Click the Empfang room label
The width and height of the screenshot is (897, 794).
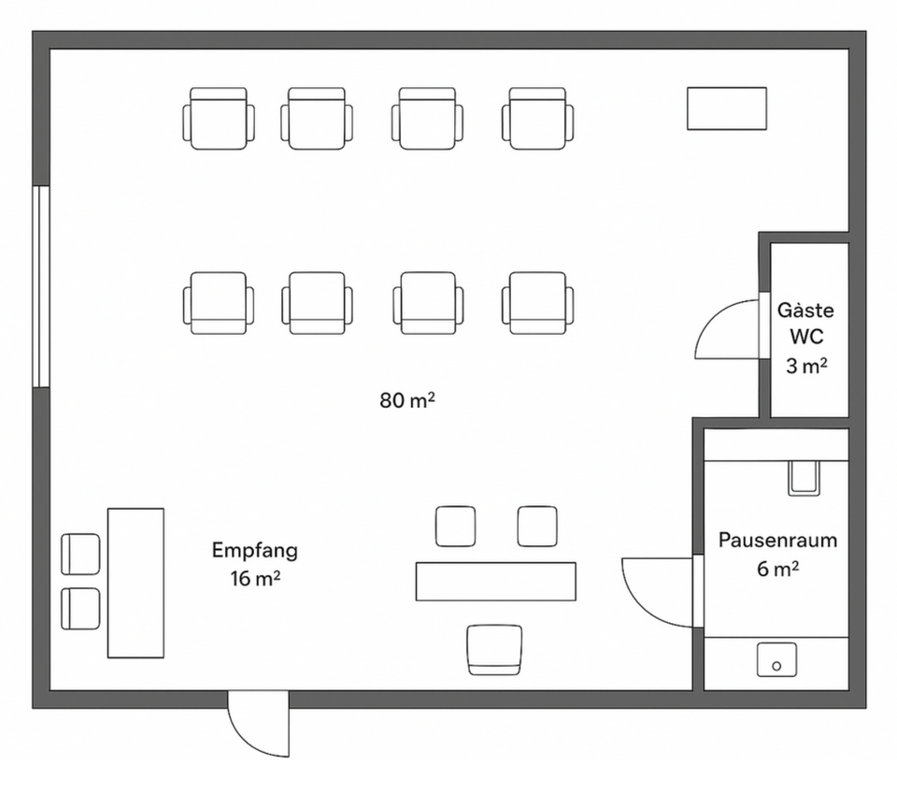[x=254, y=551]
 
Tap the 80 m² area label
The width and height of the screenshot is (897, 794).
[x=407, y=400]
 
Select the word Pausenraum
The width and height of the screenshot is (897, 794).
[x=777, y=540]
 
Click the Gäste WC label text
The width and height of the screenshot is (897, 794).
[x=805, y=324]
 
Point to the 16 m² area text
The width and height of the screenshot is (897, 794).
[x=255, y=579]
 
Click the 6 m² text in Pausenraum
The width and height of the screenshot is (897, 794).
[x=777, y=569]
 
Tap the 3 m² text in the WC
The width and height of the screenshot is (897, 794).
[x=806, y=366]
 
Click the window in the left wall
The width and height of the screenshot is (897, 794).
[x=41, y=286]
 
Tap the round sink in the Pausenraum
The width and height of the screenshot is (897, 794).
[x=776, y=659]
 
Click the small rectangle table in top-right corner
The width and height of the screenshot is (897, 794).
[x=727, y=108]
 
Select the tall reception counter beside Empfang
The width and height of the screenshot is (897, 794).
[x=136, y=583]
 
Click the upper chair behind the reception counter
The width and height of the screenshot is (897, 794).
[x=80, y=555]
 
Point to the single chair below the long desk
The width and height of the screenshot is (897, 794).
[x=494, y=650]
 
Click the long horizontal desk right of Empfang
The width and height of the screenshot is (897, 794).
[x=496, y=582]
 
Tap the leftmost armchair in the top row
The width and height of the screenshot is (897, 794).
[x=219, y=119]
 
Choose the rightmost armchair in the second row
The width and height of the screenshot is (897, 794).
[x=538, y=303]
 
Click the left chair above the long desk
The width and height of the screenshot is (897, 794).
[x=455, y=527]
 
